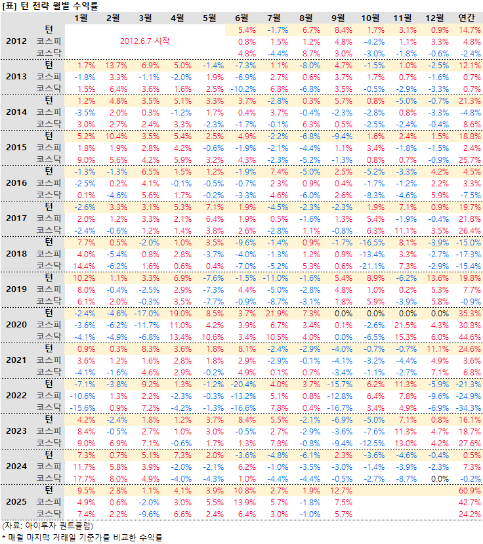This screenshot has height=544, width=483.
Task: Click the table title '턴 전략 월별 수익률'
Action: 50,7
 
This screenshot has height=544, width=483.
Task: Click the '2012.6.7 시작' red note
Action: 145,41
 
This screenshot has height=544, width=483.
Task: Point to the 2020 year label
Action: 16,325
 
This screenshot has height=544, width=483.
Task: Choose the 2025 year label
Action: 16,502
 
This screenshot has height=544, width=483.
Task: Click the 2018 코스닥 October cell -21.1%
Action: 373,265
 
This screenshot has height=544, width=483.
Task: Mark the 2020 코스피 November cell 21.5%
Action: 406,325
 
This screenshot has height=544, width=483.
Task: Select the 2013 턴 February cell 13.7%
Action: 115,66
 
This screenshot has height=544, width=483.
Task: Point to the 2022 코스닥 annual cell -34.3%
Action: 469,407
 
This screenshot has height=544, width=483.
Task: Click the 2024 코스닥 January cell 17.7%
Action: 84,478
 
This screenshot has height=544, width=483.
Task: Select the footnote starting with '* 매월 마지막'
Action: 81,537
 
